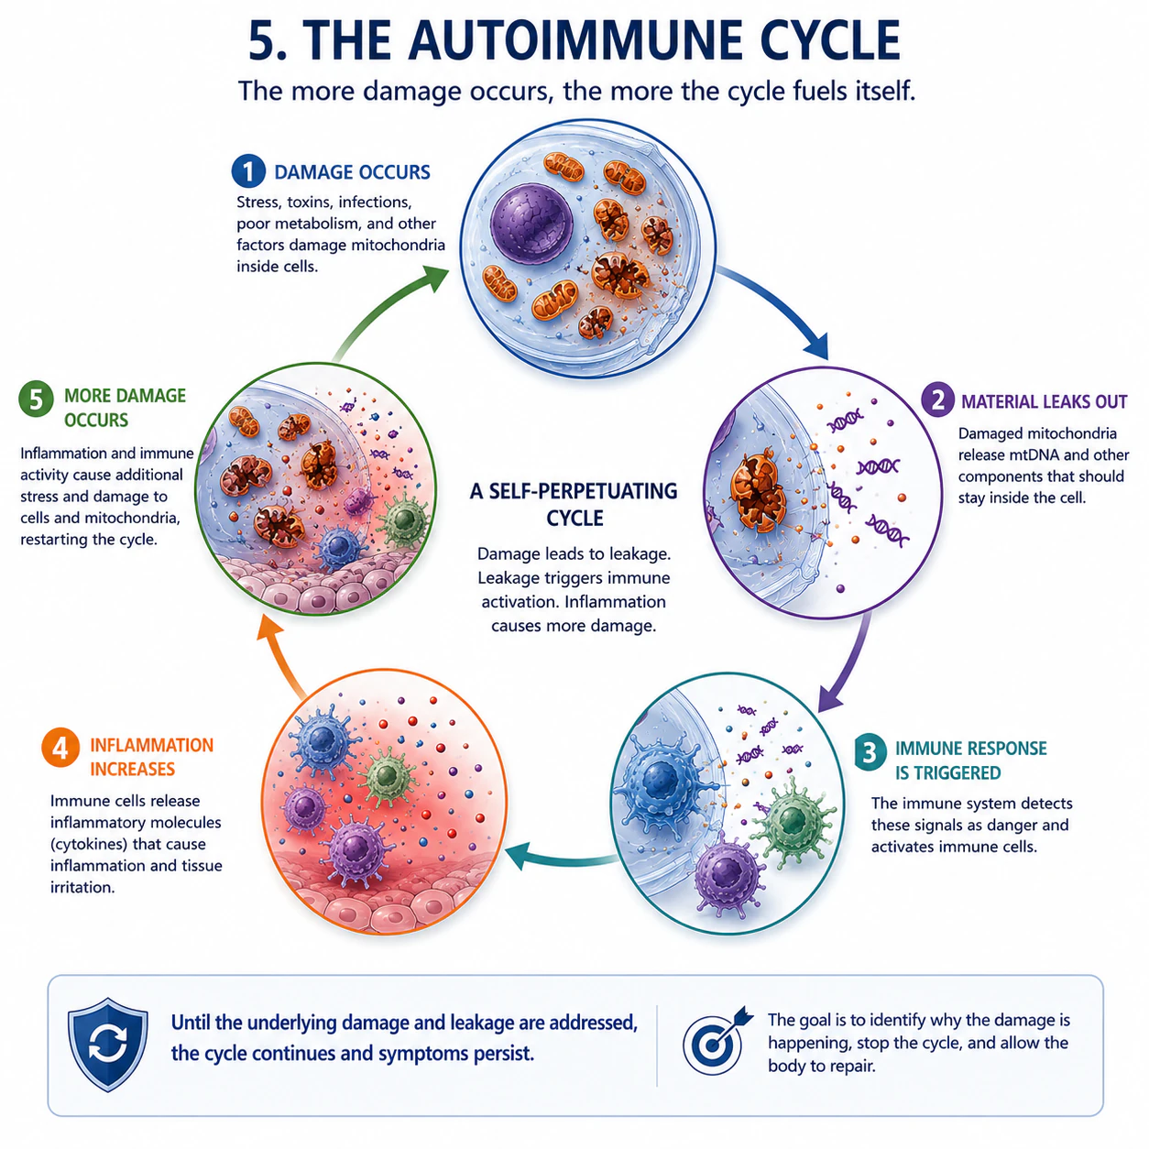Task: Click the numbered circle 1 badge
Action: pos(248,171)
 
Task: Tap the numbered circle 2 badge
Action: pos(938,399)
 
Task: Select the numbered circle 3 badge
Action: pos(870,752)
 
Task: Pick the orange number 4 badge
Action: pos(60,747)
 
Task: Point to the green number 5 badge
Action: pos(37,399)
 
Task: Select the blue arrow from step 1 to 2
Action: pos(781,307)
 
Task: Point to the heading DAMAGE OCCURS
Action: pos(352,172)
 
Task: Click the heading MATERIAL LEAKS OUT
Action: pos(1044,402)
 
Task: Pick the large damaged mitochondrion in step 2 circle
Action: pos(759,492)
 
